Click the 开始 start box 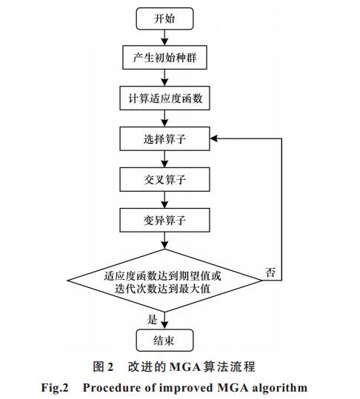(x=164, y=19)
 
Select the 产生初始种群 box (x=164, y=58)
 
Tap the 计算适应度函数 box (x=164, y=98)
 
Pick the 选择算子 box (x=164, y=139)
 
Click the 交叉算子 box (x=164, y=179)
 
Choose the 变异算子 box (x=164, y=220)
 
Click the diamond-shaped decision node (x=164, y=281)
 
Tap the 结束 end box (x=164, y=341)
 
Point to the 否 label (x=270, y=272)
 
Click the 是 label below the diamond (x=153, y=320)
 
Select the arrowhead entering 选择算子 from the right (x=213, y=138)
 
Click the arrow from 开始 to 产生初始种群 (x=164, y=38)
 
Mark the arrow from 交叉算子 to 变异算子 (x=164, y=200)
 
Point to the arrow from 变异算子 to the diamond (x=164, y=241)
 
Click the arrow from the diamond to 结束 (x=164, y=321)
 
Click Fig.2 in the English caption (x=55, y=389)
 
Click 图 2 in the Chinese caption (x=103, y=367)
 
